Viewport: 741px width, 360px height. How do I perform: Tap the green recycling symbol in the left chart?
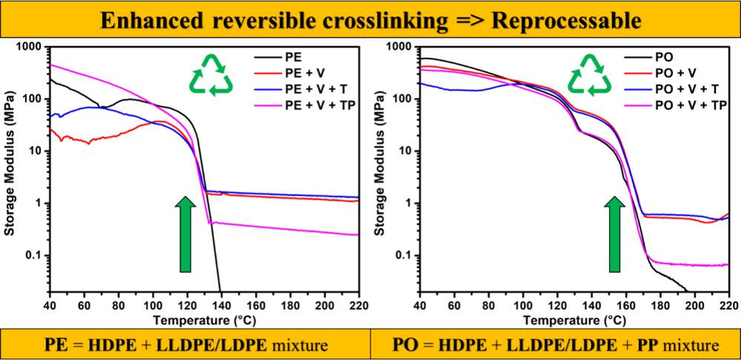(213, 75)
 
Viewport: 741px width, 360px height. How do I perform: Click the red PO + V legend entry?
(674, 73)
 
